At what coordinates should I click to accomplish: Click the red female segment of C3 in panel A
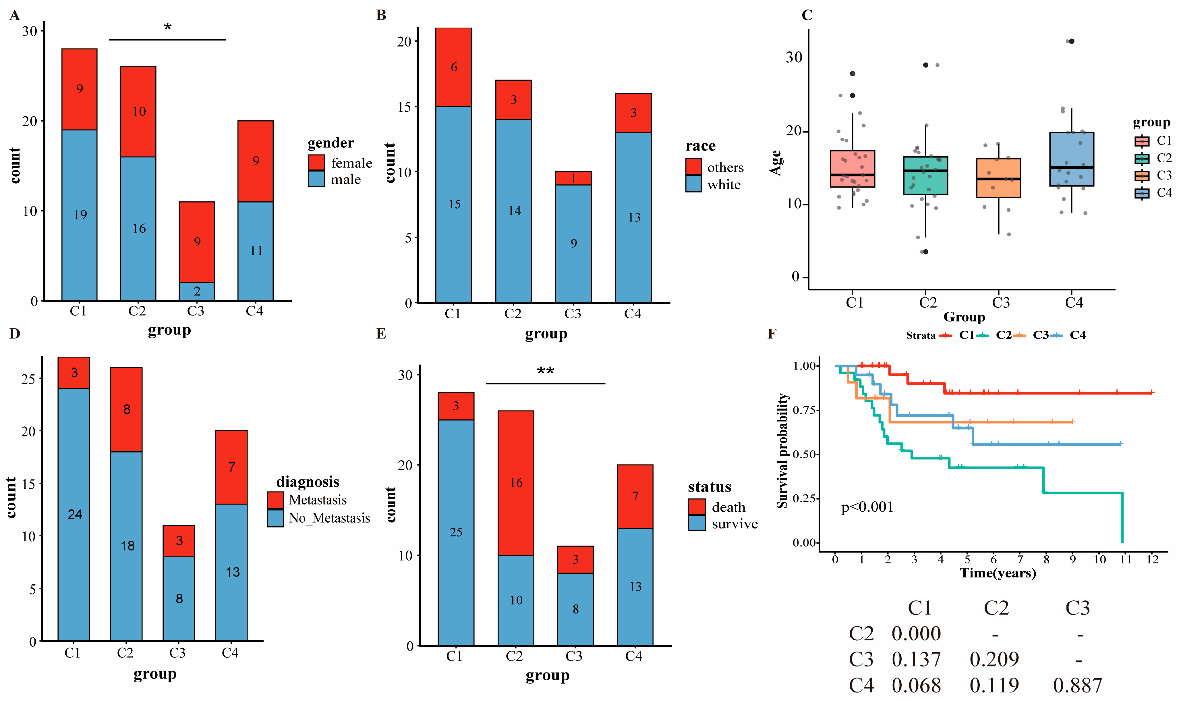pos(196,242)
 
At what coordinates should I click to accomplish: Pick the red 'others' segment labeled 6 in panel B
pos(454,67)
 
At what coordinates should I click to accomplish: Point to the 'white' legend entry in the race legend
pos(724,185)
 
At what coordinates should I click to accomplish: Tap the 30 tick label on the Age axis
pos(794,58)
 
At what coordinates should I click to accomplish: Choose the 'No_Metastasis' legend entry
pos(329,518)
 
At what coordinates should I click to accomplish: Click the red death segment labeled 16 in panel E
pos(516,483)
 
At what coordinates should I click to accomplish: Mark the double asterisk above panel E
pos(545,371)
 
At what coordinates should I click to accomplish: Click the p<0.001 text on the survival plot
pos(867,507)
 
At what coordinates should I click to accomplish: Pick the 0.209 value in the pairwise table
pos(994,659)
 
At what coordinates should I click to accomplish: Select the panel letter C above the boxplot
pos(807,15)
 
